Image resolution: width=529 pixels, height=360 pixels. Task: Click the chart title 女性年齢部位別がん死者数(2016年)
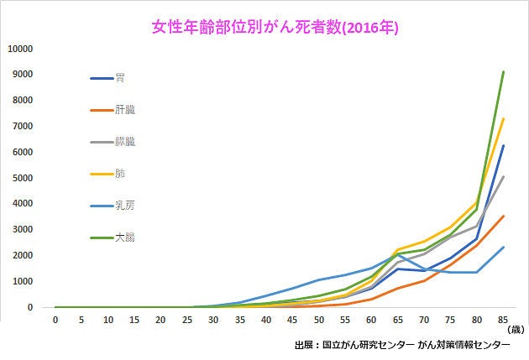(x=275, y=28)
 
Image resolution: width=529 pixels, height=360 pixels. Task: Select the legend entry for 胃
(x=107, y=78)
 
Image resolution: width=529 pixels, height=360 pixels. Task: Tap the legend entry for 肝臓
(x=113, y=110)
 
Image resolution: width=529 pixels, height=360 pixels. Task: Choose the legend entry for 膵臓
(x=113, y=142)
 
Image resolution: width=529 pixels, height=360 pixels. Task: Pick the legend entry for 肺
(x=107, y=174)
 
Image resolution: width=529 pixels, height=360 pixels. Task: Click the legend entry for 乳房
(x=113, y=206)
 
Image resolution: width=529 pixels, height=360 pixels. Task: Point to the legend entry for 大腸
(x=113, y=237)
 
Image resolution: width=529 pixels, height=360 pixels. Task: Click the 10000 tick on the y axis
(x=20, y=49)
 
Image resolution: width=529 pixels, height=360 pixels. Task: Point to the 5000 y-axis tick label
(x=23, y=178)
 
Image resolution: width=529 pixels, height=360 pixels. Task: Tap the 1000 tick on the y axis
(x=23, y=281)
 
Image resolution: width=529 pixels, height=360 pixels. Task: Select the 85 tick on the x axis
(x=503, y=320)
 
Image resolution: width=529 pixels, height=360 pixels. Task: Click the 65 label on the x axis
(x=398, y=320)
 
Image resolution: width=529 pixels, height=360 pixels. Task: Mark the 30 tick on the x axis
(x=213, y=320)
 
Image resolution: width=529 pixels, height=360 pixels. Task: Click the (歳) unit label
(x=516, y=330)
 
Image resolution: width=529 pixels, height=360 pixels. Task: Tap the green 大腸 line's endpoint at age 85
(x=503, y=71)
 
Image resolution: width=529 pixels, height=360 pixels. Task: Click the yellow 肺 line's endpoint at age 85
(x=503, y=118)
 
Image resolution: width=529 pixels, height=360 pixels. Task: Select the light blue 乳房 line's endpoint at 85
(x=503, y=247)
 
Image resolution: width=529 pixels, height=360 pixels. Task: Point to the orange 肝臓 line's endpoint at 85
(x=503, y=216)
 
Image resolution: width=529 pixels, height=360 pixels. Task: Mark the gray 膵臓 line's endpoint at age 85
(x=503, y=176)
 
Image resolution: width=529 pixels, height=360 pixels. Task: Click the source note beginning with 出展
(x=402, y=345)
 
